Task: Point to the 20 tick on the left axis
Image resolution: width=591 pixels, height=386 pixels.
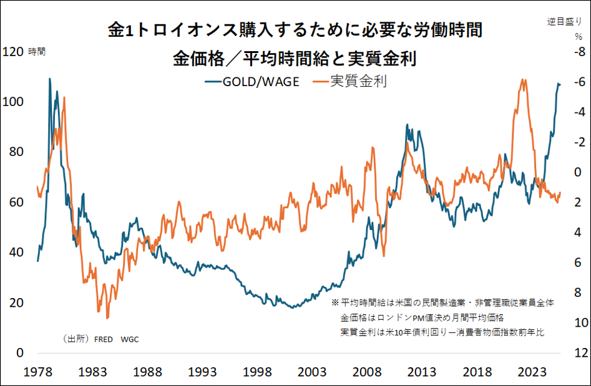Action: [x=17, y=302]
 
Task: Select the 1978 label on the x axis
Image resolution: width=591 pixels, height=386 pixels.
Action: [x=38, y=372]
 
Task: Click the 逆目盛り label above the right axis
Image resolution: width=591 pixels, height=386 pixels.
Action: [x=564, y=21]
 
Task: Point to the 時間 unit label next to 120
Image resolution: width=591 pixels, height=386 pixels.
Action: [x=37, y=52]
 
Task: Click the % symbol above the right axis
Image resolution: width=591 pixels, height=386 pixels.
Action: [x=578, y=36]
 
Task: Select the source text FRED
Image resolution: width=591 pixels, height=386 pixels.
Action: [x=104, y=339]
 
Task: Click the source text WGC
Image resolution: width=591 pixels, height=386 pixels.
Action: [x=130, y=339]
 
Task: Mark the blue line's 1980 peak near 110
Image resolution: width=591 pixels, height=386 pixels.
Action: [x=49, y=79]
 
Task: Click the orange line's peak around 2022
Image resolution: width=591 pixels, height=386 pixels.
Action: [x=524, y=79]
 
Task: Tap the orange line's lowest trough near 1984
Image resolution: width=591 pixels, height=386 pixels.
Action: [x=107, y=318]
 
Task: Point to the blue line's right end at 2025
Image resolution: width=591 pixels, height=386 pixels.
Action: [x=560, y=84]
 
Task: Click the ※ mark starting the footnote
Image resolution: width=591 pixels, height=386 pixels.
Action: [x=335, y=302]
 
